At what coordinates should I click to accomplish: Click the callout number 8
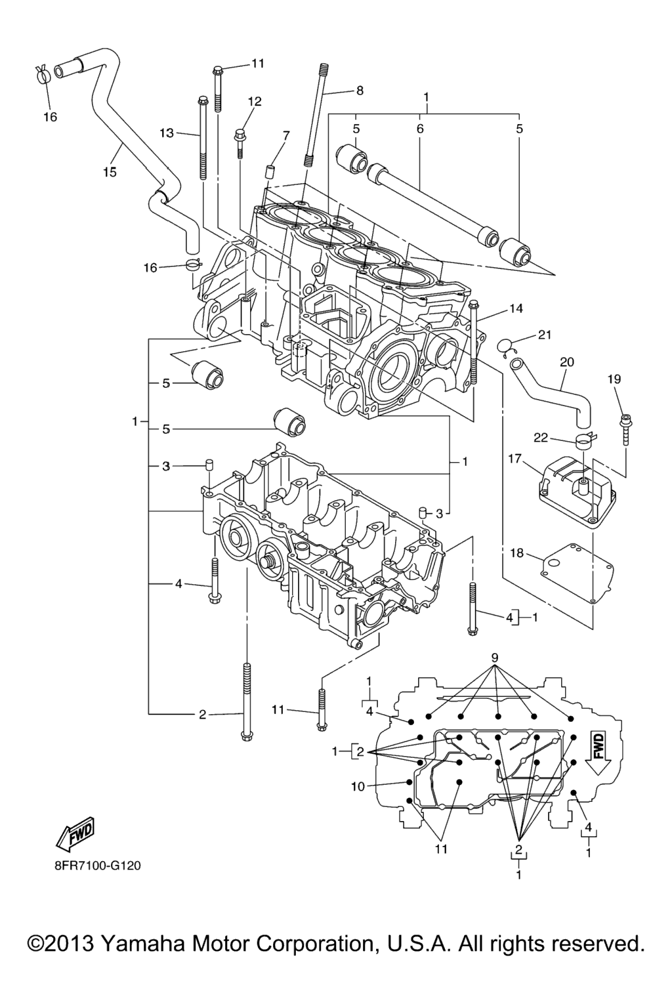tap(359, 91)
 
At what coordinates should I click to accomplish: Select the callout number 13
tap(167, 133)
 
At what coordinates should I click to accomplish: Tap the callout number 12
tap(255, 101)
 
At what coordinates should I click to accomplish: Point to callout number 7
tap(286, 135)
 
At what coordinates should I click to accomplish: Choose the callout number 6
tap(420, 129)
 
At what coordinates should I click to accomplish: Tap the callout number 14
tap(516, 308)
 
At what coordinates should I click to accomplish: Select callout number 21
tap(544, 335)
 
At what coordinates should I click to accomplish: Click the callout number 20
tap(567, 362)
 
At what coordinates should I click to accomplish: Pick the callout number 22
tap(541, 437)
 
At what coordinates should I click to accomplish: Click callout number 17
tap(514, 459)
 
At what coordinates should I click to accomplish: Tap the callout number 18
tap(516, 553)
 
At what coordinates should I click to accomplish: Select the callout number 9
tap(495, 658)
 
